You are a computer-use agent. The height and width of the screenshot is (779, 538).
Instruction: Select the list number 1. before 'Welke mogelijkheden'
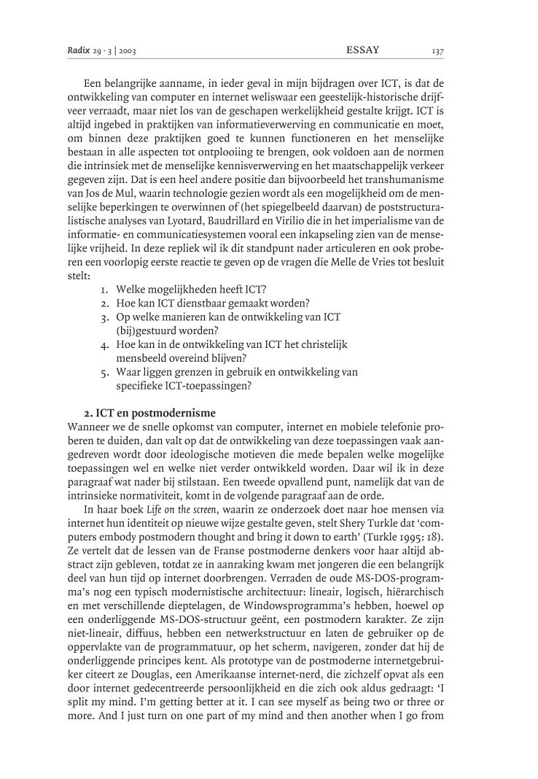click(105, 289)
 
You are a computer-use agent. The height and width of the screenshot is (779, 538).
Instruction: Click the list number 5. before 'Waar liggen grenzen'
click(105, 372)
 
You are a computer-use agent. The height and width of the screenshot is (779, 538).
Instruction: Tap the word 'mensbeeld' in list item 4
click(139, 358)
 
